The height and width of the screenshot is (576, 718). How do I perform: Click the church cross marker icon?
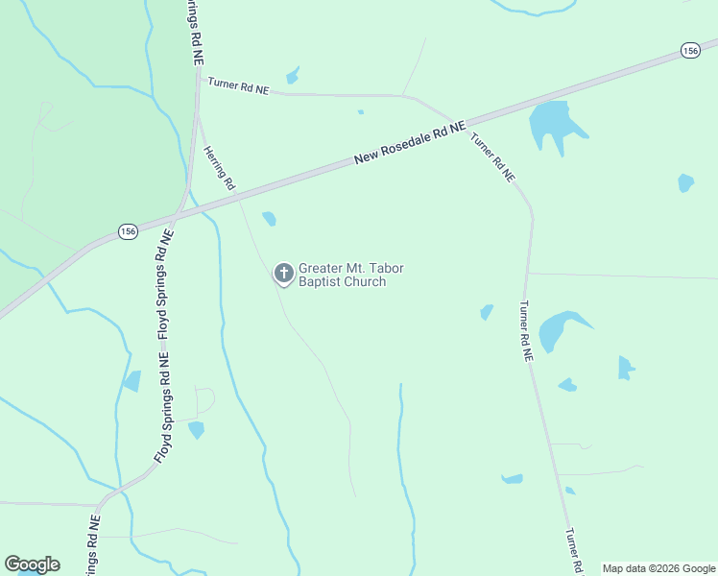click(x=283, y=274)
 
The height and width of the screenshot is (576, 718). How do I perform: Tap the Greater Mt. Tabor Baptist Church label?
click(x=343, y=276)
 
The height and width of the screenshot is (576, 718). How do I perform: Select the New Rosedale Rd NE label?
click(x=410, y=141)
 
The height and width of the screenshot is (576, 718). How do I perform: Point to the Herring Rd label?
click(x=220, y=169)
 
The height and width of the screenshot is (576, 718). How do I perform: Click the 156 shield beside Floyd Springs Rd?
click(x=128, y=231)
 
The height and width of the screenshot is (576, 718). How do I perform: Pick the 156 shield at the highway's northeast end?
click(x=690, y=51)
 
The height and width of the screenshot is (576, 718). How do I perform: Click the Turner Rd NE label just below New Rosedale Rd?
click(x=493, y=156)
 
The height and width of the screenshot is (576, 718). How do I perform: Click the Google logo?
click(x=32, y=564)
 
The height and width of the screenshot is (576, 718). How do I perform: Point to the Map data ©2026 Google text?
click(x=658, y=568)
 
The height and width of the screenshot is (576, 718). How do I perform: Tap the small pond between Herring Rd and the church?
click(x=270, y=219)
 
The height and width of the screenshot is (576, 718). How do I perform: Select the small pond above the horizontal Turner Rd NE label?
click(x=292, y=75)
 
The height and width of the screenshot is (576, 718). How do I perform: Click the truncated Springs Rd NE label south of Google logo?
click(x=92, y=547)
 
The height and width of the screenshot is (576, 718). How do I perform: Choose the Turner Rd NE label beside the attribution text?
click(x=575, y=551)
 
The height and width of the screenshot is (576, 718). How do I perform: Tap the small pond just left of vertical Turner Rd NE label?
click(x=487, y=312)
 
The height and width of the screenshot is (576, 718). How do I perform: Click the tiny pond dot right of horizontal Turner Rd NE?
click(x=361, y=112)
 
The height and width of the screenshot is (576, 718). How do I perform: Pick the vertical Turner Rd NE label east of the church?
click(x=526, y=331)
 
